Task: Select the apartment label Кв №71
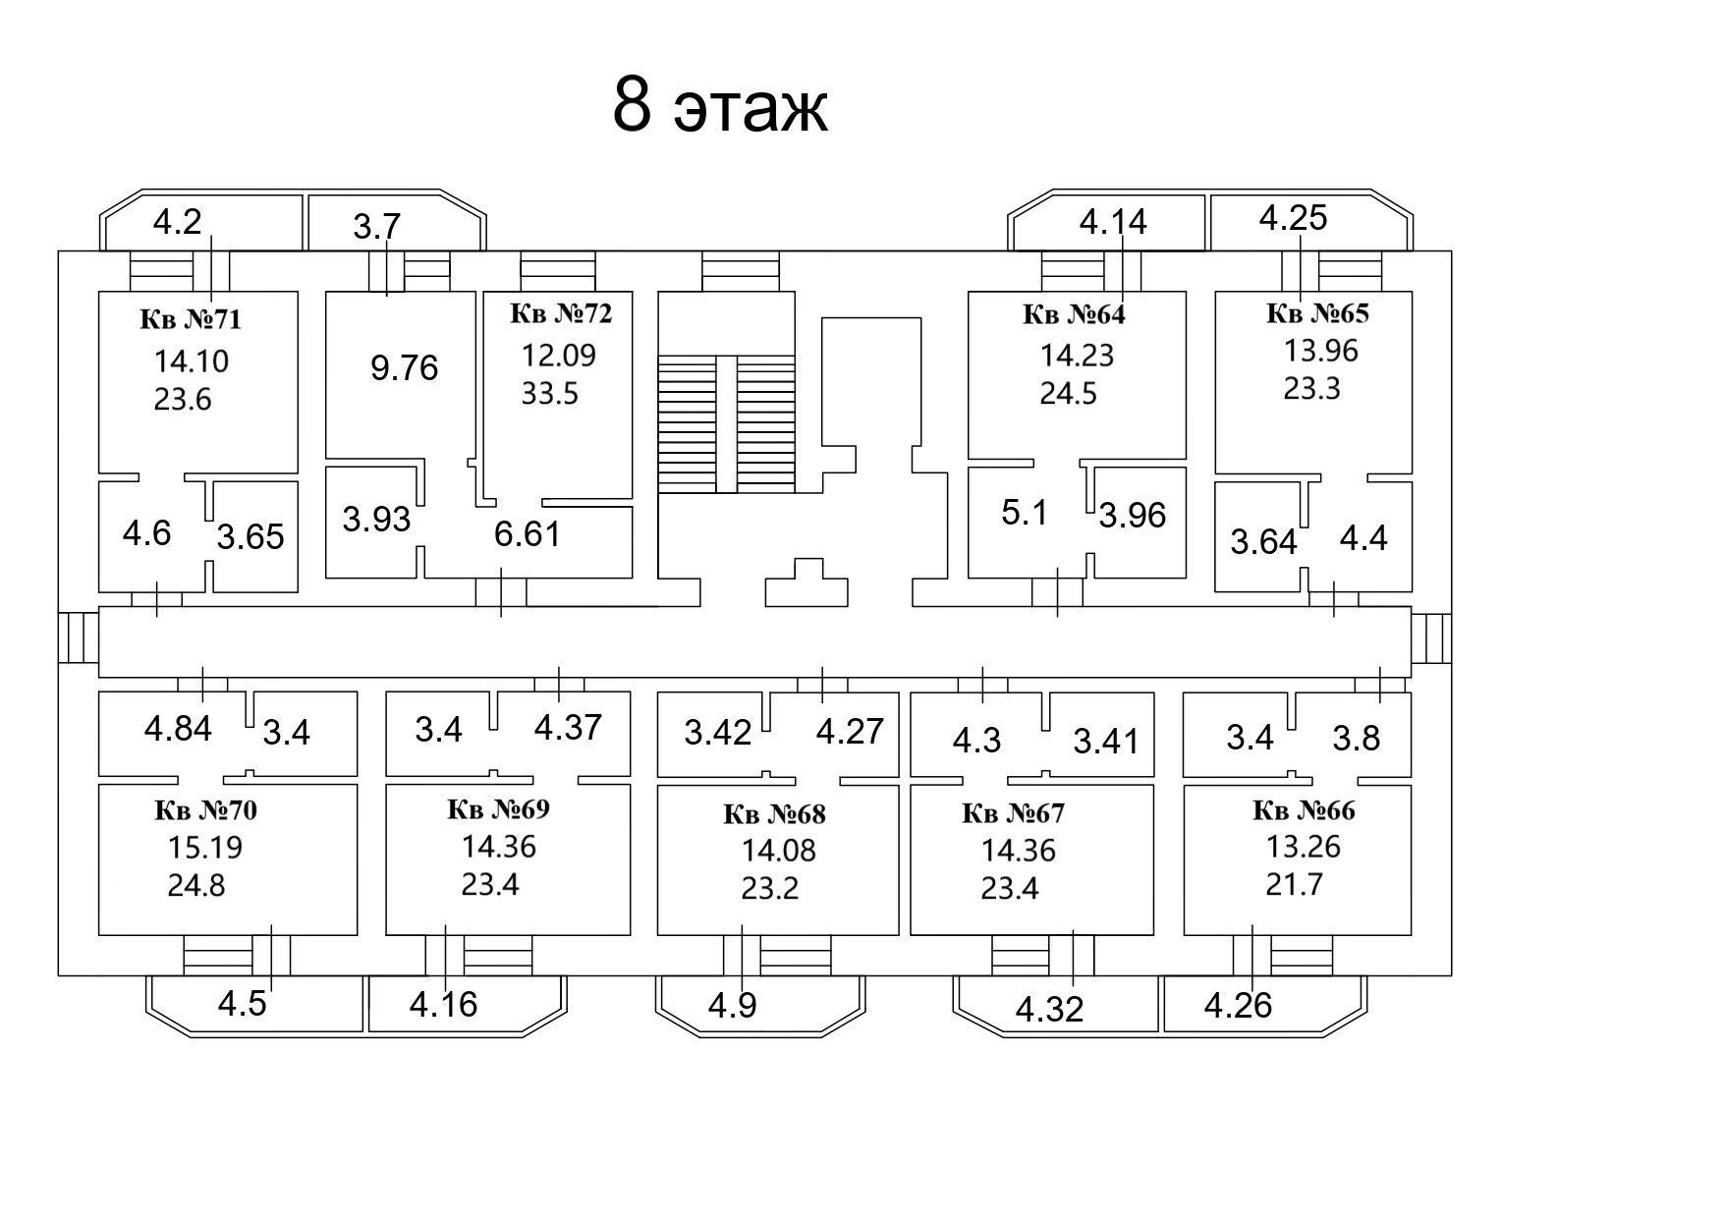tap(191, 319)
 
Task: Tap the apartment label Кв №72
tap(561, 313)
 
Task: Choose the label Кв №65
tap(1317, 313)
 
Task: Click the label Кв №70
tap(205, 810)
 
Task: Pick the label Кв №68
tap(774, 814)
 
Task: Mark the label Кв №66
tap(1304, 810)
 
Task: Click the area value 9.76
tap(404, 368)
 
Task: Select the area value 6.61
tap(528, 534)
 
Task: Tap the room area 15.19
tap(205, 847)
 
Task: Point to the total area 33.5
tap(550, 394)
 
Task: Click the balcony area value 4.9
tap(733, 1006)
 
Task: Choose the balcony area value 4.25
tap(1293, 218)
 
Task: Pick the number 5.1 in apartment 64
tap(1025, 513)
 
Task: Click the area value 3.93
tap(376, 519)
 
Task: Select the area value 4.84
tap(178, 729)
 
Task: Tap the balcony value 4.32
tap(1049, 1009)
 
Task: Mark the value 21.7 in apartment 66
tap(1294, 885)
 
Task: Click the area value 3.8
tap(1356, 738)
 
